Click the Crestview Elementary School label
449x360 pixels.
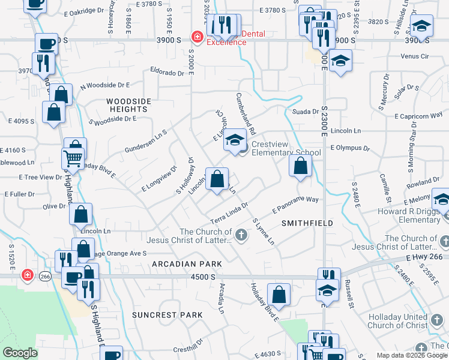(286, 148)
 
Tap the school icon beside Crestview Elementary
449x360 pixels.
(235, 141)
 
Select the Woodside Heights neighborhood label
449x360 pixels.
(128, 106)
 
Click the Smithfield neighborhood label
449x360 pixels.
(307, 223)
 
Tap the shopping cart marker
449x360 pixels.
(73, 158)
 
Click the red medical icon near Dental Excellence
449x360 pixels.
(196, 37)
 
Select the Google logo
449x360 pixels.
(20, 353)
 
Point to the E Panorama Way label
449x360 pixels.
(294, 204)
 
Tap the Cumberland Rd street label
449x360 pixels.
(246, 110)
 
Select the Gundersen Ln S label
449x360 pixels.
(145, 140)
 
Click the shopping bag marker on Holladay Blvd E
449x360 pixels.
(279, 294)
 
